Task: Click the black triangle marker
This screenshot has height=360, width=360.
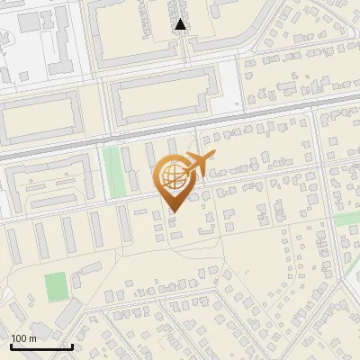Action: click(x=181, y=25)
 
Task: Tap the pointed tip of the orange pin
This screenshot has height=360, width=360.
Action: click(x=171, y=211)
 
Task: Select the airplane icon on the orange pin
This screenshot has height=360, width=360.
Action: click(x=197, y=166)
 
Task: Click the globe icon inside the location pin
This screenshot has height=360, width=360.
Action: click(x=171, y=178)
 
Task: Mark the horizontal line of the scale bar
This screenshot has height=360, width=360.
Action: click(x=41, y=346)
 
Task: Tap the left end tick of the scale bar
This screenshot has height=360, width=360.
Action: click(x=11, y=345)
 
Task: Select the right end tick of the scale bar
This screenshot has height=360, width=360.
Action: click(x=72, y=345)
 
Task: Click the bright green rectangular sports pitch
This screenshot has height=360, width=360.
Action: click(x=57, y=287)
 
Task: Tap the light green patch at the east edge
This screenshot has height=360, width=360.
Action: click(x=347, y=220)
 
